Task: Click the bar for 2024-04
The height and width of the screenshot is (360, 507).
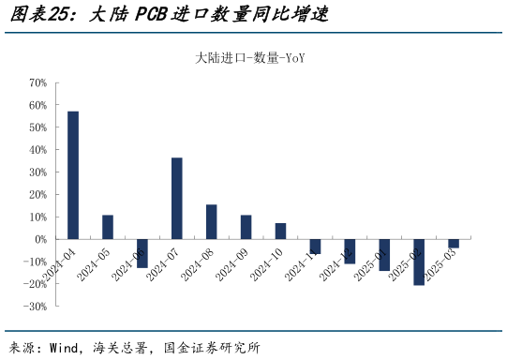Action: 73,175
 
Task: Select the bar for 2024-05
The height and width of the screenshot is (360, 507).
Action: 108,227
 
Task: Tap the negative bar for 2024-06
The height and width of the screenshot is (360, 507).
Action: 142,253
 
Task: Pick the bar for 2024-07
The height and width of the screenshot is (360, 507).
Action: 177,198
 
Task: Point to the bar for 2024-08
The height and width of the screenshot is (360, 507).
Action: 212,221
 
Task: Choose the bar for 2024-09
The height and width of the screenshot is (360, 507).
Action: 246,227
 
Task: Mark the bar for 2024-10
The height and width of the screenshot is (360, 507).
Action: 281,231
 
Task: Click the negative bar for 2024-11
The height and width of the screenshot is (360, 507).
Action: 316,247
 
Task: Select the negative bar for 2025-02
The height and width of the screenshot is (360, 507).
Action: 419,262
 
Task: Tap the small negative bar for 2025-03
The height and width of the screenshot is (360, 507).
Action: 454,244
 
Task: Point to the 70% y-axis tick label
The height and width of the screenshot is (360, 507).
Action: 37,82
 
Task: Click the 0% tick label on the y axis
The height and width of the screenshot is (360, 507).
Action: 40,239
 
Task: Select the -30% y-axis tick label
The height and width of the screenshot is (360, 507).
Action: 36,307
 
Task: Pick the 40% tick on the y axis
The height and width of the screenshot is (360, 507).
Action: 37,150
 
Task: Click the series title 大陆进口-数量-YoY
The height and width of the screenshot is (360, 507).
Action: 250,59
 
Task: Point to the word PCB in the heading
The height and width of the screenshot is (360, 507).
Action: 154,16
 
